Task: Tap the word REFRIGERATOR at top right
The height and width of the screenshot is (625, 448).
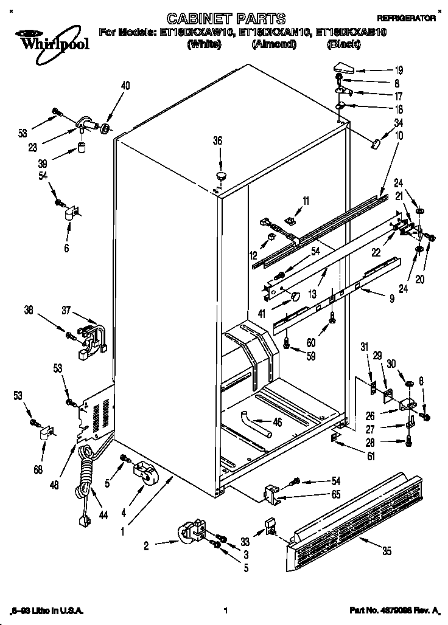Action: pyautogui.click(x=407, y=19)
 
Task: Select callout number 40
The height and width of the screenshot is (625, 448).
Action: pyautogui.click(x=125, y=86)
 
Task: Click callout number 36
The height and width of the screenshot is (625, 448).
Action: pyautogui.click(x=217, y=140)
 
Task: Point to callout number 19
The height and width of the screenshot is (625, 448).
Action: pyautogui.click(x=382, y=69)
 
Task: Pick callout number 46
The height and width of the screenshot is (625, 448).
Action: pyautogui.click(x=278, y=423)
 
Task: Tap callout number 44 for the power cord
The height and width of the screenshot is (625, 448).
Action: pyautogui.click(x=103, y=514)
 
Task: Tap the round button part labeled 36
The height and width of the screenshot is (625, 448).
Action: pyautogui.click(x=220, y=176)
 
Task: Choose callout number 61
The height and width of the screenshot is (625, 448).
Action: pyautogui.click(x=371, y=456)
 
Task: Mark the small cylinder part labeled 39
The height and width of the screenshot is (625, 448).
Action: pyautogui.click(x=80, y=148)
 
